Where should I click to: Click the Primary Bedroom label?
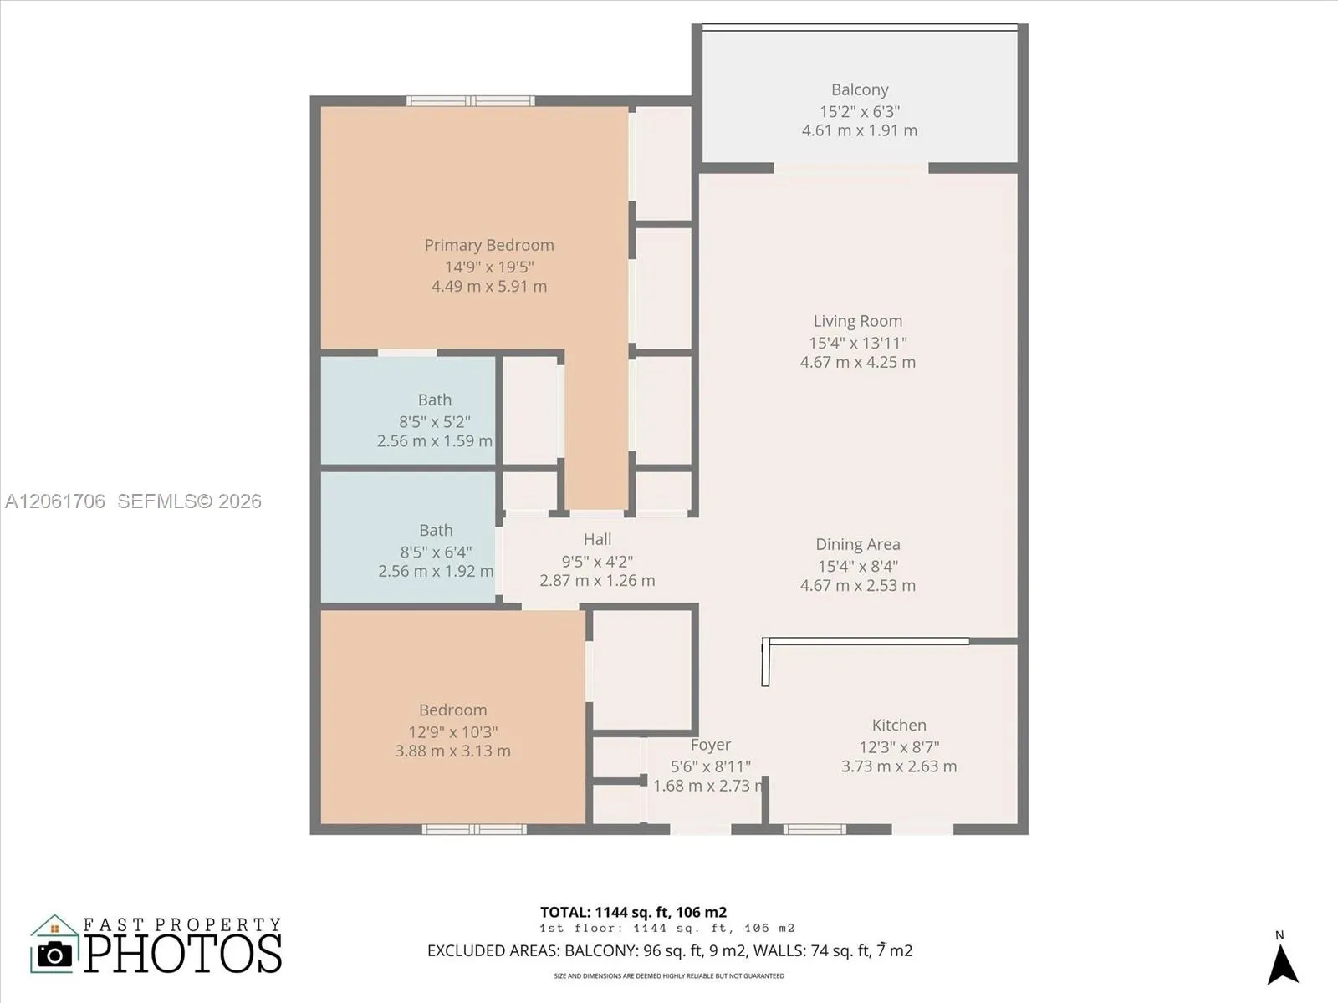pos(489,245)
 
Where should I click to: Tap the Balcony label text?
pos(860,89)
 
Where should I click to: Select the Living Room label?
pos(858,321)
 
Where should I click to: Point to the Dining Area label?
pos(858,544)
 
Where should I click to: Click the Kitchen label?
pos(899,726)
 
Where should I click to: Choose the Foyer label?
pos(710,745)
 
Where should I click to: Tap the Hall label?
pos(597,539)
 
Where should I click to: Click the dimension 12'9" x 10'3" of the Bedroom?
pos(453,731)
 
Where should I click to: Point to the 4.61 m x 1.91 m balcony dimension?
pos(860,130)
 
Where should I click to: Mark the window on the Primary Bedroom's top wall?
pos(471,100)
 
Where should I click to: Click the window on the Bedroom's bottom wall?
pos(474,829)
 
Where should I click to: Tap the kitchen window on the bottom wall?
pos(815,829)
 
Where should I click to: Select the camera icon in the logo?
pos(54,955)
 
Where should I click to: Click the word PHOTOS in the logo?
pos(183,953)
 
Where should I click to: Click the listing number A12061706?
pos(55,501)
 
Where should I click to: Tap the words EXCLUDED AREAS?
pos(493,950)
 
